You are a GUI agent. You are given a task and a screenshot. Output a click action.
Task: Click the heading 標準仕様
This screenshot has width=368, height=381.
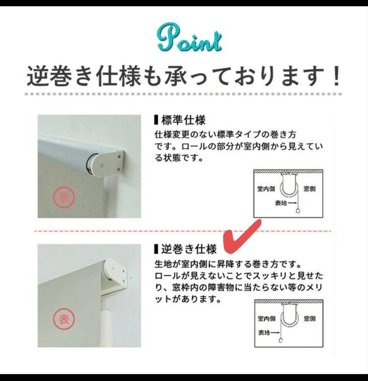click(x=183, y=120)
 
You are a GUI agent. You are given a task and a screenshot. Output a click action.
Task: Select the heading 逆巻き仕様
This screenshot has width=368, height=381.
click(x=189, y=249)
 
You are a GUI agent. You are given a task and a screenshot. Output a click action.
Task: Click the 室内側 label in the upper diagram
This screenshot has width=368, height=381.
click(x=266, y=189)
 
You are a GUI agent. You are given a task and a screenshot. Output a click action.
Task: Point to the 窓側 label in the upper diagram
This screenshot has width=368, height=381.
click(x=309, y=189)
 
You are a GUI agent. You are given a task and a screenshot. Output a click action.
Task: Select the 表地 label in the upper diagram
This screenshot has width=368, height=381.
click(x=281, y=203)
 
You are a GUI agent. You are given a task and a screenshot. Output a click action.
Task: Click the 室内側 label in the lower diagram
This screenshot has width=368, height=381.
click(x=267, y=319)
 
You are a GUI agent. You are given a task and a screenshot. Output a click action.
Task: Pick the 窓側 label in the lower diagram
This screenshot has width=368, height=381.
click(x=310, y=319)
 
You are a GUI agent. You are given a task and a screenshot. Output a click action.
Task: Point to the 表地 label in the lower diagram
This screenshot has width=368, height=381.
click(x=264, y=333)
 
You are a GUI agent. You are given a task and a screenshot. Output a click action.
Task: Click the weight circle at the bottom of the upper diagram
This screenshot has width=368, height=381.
click(x=298, y=211)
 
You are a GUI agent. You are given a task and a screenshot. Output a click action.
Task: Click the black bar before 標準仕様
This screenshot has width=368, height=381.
click(x=156, y=120)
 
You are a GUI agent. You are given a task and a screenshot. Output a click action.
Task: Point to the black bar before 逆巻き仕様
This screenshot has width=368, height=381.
click(x=156, y=249)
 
